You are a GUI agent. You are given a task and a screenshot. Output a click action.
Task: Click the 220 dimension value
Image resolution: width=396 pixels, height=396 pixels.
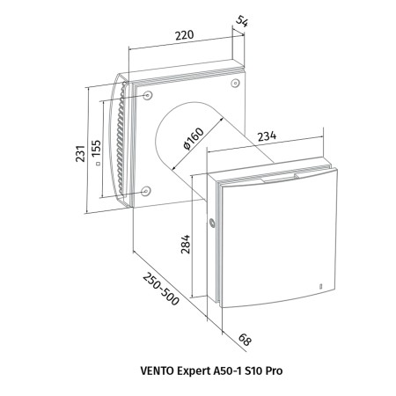(x=185, y=35)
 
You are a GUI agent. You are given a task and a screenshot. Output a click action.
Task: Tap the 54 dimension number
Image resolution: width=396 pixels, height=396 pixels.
(x=242, y=21)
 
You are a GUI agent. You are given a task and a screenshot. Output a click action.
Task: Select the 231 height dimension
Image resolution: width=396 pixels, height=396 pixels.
(x=80, y=153)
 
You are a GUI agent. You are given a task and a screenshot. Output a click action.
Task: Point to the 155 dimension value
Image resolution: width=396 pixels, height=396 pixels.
(x=96, y=148)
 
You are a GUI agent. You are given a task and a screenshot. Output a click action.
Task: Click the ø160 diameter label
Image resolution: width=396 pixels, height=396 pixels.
(x=193, y=138)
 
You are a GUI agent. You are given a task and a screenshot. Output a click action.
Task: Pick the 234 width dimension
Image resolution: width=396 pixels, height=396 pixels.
(x=267, y=136)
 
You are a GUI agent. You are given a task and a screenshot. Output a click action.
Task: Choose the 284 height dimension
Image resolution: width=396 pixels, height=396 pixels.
(x=186, y=244)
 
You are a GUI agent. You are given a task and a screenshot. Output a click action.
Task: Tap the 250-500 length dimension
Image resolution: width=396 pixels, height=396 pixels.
(x=161, y=289)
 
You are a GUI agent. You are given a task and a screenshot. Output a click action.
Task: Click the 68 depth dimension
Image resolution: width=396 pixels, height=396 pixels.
(x=245, y=340)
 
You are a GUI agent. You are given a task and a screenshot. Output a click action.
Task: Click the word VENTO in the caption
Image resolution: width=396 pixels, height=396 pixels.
(x=157, y=370)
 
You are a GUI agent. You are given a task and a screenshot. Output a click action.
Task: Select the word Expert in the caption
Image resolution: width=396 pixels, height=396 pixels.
(x=193, y=371)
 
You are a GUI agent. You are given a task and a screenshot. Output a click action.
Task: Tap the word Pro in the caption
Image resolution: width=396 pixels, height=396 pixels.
(x=274, y=370)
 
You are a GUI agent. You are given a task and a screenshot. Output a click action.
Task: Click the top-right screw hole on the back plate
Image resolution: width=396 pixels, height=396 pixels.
(x=235, y=84)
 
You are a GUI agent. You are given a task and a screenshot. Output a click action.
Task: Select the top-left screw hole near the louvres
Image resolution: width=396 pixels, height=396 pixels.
(x=148, y=95)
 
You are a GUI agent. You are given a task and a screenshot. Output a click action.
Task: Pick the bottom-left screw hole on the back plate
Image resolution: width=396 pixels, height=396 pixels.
(x=145, y=191)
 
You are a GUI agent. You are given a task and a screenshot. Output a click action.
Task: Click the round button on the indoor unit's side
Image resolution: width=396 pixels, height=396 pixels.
(x=212, y=224)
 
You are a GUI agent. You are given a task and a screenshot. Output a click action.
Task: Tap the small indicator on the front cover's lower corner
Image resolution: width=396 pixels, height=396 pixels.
(x=320, y=285)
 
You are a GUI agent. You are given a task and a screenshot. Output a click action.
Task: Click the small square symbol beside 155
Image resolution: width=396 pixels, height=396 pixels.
(x=98, y=164)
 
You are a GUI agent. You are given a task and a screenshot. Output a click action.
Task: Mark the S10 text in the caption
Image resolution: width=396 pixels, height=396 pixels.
(x=254, y=370)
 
